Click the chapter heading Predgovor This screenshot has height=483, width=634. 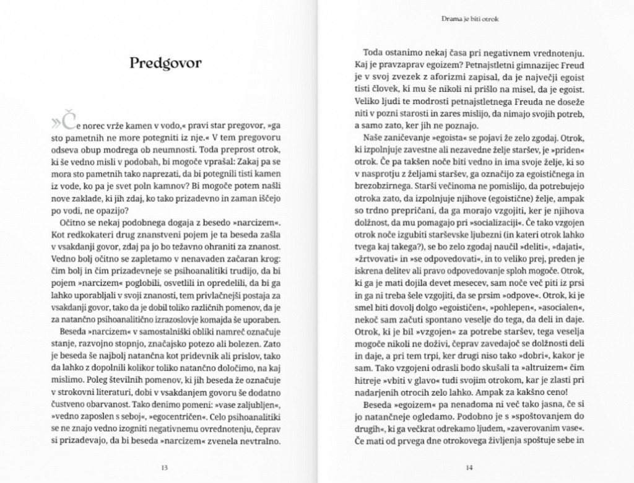pos(165,63)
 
